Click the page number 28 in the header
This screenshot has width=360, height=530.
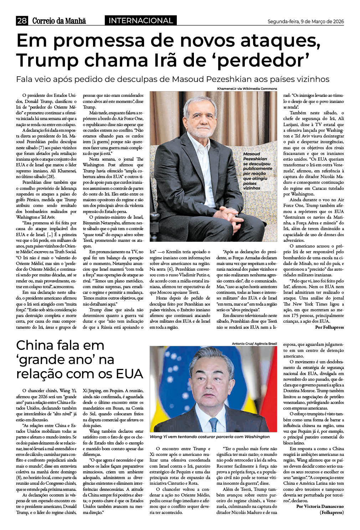(x=22, y=21)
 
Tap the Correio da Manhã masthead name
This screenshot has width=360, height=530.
(x=59, y=21)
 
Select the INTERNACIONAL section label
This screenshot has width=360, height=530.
(x=140, y=21)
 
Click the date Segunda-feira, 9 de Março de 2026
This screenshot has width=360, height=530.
(x=305, y=22)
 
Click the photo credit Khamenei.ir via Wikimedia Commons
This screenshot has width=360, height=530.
(x=247, y=89)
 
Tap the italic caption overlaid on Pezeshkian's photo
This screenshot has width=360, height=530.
(x=257, y=171)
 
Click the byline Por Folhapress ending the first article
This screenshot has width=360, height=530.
(x=329, y=327)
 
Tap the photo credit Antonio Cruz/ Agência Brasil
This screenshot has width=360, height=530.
(x=254, y=343)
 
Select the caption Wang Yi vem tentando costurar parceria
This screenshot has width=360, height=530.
(x=210, y=436)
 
